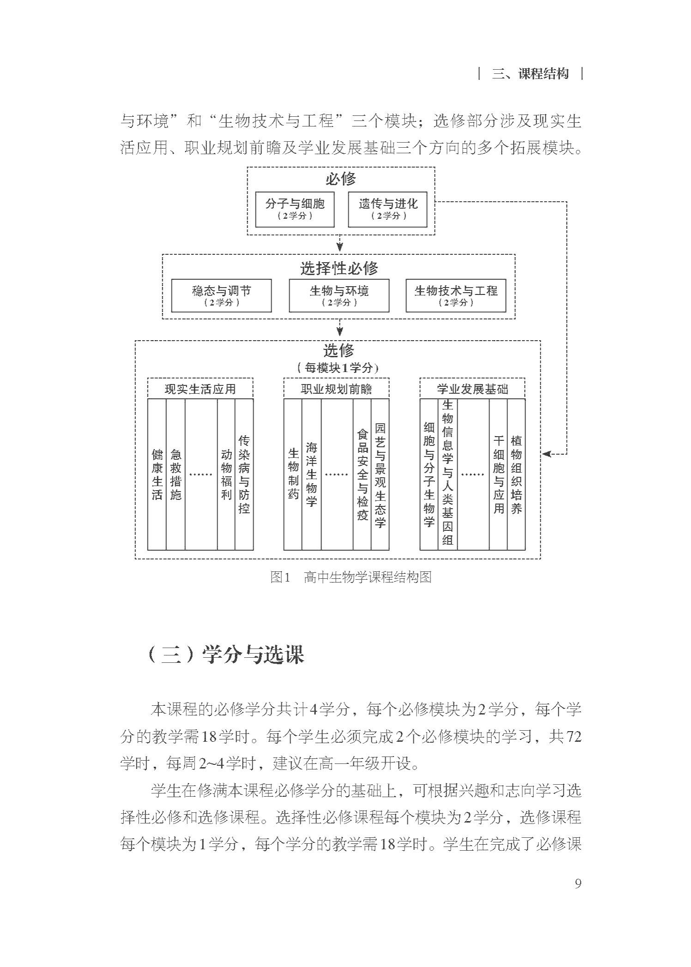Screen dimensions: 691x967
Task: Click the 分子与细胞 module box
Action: [295, 210]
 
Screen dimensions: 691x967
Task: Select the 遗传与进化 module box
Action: [388, 210]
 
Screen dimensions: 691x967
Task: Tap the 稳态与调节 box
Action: [221, 295]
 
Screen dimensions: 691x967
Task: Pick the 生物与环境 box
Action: [339, 295]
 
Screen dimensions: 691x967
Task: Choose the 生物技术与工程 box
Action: [456, 295]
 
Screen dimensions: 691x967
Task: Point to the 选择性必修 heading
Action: [339, 268]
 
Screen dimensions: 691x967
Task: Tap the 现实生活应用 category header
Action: [200, 389]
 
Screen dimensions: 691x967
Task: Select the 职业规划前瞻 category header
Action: [336, 389]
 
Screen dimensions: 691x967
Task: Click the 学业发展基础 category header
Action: [473, 389]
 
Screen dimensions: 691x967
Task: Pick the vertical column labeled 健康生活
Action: [157, 474]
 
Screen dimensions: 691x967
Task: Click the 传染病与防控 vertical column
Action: [244, 474]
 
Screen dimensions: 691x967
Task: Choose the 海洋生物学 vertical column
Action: [311, 474]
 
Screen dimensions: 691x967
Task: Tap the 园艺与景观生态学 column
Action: [380, 474]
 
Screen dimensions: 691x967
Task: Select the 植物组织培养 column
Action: [516, 474]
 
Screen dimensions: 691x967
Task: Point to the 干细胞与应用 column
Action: [498, 474]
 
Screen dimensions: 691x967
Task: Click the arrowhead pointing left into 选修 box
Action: [546, 454]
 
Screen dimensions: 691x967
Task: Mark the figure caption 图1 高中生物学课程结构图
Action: [351, 577]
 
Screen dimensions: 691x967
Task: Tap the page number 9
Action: [578, 883]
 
